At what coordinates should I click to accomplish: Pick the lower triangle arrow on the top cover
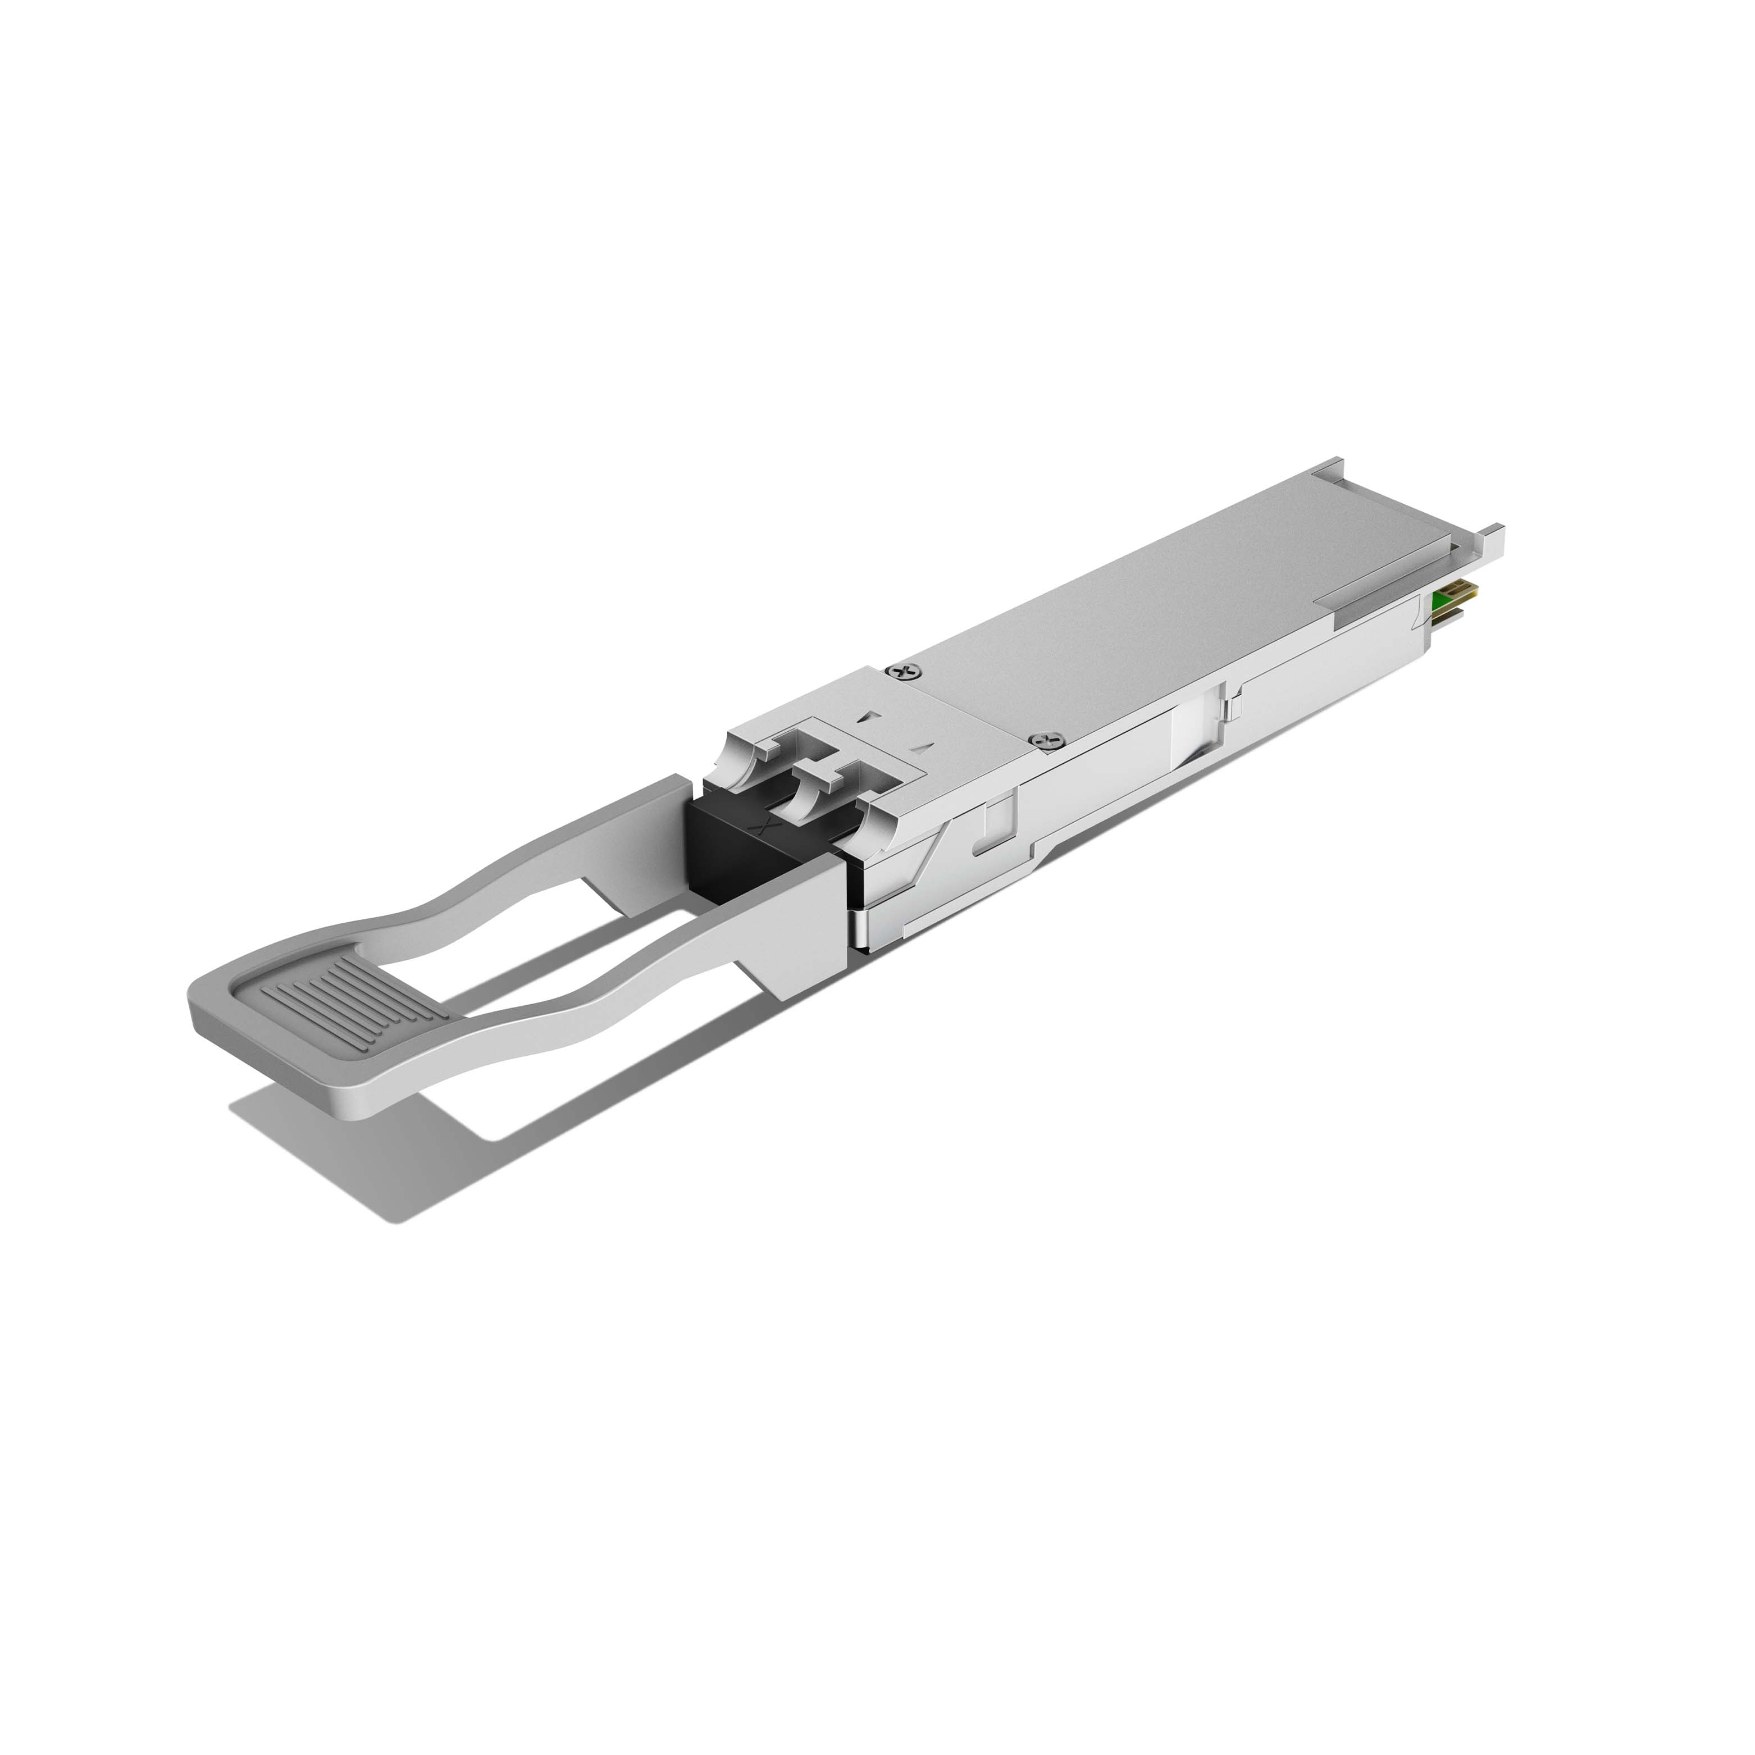click(925, 747)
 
